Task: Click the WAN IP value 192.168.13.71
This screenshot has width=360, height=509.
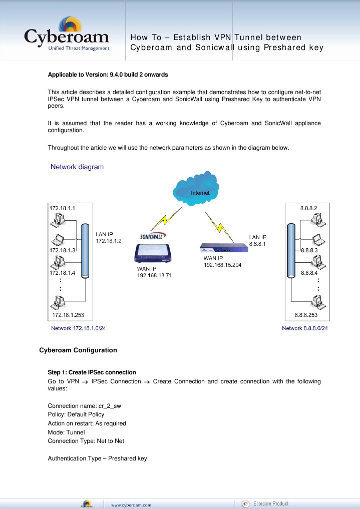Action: (155, 275)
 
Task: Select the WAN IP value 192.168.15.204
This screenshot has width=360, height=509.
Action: (222, 265)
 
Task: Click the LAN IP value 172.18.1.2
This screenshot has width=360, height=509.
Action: (108, 241)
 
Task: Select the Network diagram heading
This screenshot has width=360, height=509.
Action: (77, 167)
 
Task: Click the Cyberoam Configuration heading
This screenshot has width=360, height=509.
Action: (78, 350)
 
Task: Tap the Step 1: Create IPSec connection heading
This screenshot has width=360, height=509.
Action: (92, 372)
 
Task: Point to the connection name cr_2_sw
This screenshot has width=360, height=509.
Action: (109, 406)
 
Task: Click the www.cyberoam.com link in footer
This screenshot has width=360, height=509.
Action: (131, 504)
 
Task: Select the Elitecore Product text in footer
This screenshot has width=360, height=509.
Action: (271, 503)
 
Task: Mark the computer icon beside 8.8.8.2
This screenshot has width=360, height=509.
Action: (316, 219)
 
